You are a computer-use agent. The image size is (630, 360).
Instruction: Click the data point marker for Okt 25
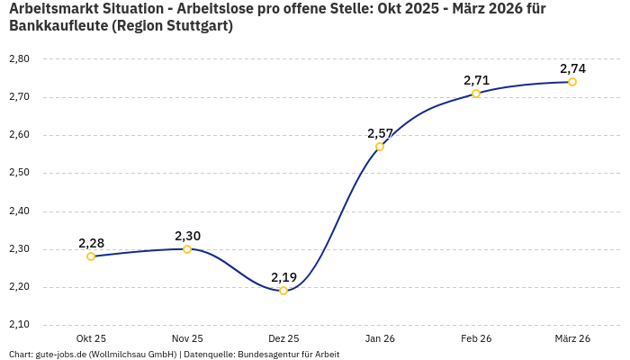click(x=91, y=256)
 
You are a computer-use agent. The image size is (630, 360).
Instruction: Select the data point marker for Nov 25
click(x=187, y=249)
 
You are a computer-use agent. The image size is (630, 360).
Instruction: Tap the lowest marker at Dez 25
click(x=283, y=291)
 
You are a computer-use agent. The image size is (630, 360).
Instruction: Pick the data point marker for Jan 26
click(x=380, y=147)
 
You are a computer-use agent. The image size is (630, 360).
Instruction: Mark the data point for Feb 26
click(x=476, y=94)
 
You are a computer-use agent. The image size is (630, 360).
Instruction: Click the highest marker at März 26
click(x=572, y=82)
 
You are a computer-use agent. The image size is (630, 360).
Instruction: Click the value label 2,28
click(x=91, y=243)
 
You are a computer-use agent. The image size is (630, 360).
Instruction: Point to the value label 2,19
click(x=283, y=277)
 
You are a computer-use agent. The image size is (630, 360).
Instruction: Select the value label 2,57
click(x=380, y=133)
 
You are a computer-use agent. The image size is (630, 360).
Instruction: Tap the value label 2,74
click(x=572, y=68)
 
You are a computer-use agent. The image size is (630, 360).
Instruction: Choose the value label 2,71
click(x=476, y=80)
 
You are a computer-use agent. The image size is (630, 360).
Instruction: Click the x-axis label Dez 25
click(x=283, y=338)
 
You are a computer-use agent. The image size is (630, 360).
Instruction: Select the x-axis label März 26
click(x=572, y=338)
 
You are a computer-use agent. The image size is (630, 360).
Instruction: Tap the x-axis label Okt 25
click(x=91, y=338)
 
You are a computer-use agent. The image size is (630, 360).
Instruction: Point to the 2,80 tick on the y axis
click(x=19, y=58)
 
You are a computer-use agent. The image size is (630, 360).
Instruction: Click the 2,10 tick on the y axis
click(x=19, y=324)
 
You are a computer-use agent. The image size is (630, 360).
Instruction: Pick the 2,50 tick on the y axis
click(x=19, y=172)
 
